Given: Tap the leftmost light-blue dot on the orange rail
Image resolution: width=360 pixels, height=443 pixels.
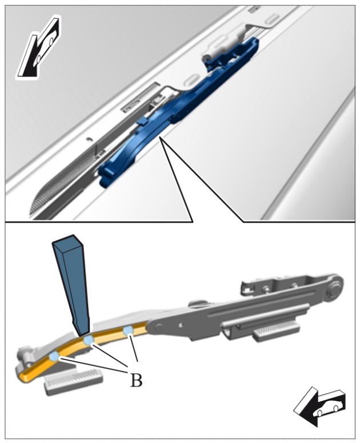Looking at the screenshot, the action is click(54, 357).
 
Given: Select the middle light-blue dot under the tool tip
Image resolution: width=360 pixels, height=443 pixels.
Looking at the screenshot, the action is click(89, 340).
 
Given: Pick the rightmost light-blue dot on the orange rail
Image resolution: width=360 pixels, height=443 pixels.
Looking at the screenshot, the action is click(128, 330).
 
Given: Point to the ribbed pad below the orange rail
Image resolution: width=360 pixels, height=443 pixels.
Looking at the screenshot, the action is click(74, 377).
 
